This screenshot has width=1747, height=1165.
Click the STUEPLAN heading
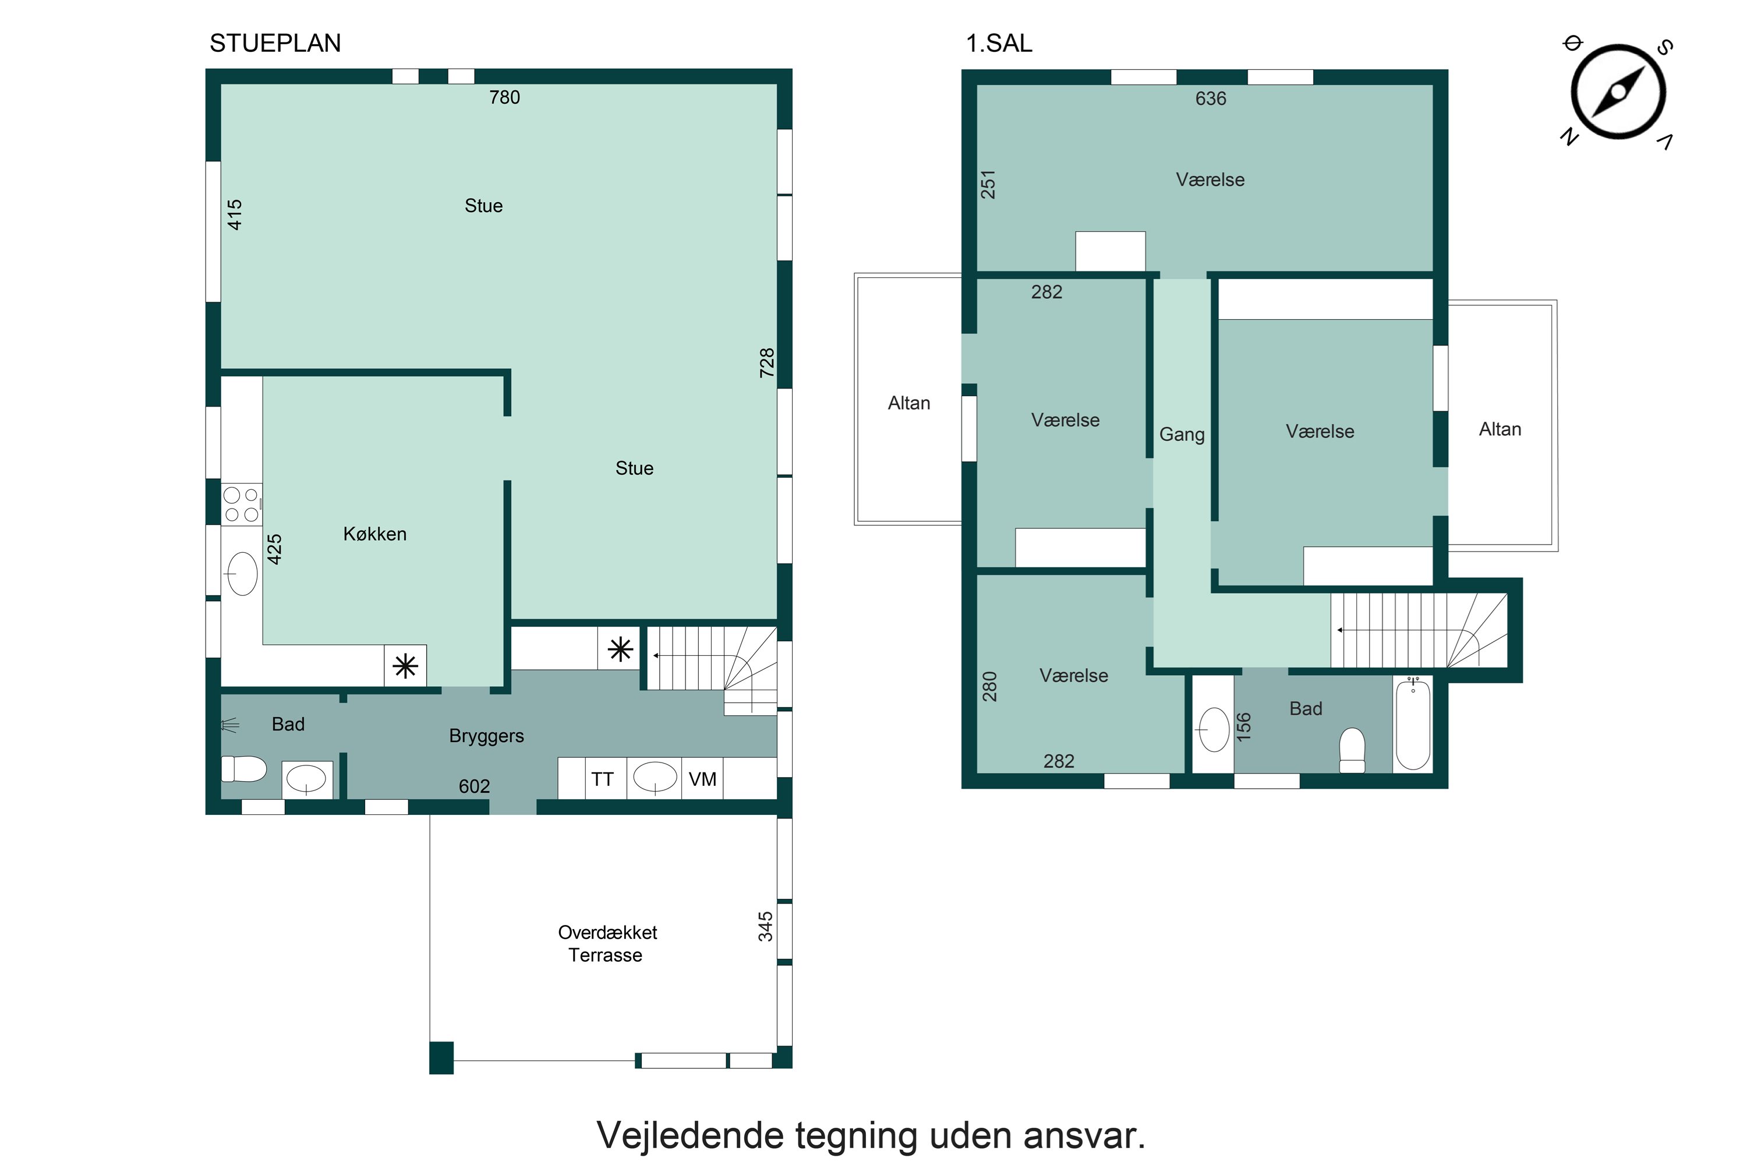275,43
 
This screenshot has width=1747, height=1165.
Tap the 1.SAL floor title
999,43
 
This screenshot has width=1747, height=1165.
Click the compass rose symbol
1618,92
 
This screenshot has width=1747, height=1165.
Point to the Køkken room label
374,534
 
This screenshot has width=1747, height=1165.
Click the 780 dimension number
504,97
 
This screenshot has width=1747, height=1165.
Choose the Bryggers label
486,736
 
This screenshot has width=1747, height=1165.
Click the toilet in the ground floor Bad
243,769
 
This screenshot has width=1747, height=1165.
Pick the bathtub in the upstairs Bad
1412,723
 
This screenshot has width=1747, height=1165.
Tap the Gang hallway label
1182,435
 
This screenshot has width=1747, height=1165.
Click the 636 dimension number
1211,99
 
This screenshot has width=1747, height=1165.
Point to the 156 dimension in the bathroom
1243,726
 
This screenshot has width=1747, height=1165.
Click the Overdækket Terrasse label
607,944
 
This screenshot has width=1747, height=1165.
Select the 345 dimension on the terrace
765,927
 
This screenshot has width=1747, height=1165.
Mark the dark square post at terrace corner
441,1058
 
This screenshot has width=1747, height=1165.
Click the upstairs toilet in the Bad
1352,750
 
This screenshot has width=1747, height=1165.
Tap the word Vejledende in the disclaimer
690,1135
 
